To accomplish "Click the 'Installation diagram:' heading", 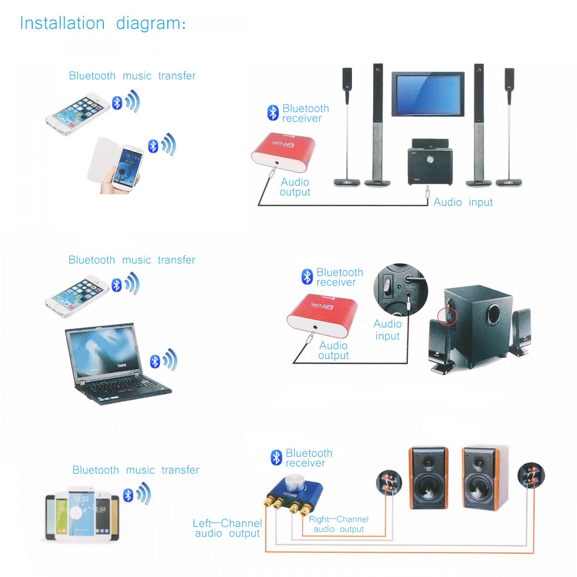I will point(103,23).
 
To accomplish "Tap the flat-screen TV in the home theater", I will point(428,93).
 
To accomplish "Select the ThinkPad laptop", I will point(115,364).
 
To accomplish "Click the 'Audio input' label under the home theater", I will point(463,202).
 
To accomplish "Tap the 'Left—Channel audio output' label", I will point(227,528).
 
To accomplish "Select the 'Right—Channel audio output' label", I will point(339,524).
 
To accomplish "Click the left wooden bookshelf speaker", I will point(428,478).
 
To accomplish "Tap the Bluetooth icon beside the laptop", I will point(155,361).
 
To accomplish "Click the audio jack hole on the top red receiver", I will point(277,163).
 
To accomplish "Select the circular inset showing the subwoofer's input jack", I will point(400,289).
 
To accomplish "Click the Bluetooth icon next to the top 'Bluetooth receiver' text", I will point(273,113).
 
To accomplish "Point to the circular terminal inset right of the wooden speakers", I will point(531,475).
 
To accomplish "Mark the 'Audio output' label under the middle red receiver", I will point(333,350).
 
